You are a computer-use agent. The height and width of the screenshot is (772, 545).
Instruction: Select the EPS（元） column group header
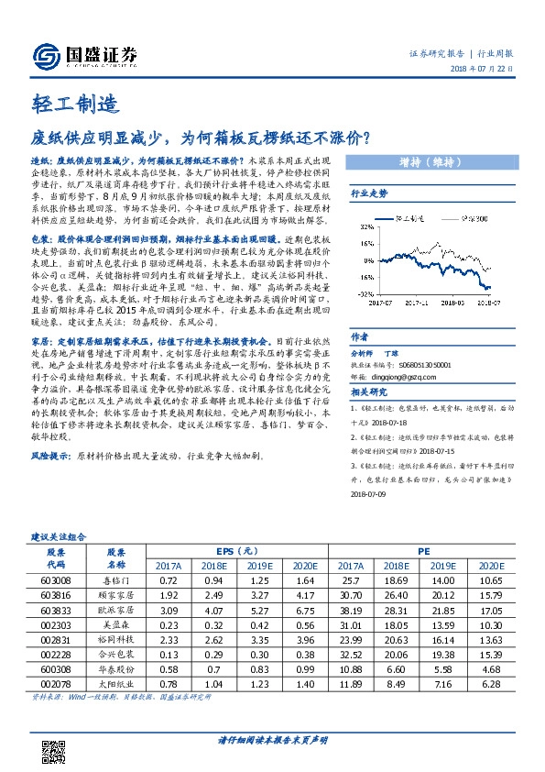236,551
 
